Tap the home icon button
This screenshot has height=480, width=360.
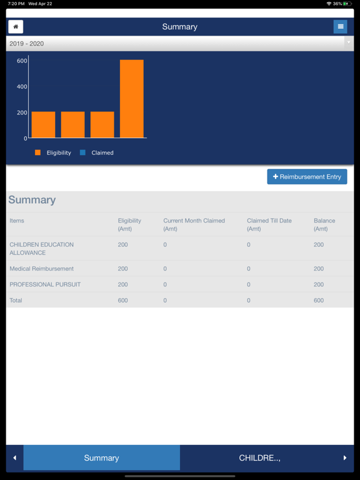click(x=16, y=27)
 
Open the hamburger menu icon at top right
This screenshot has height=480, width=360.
click(x=340, y=27)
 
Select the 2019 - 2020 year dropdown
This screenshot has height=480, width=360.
click(x=179, y=44)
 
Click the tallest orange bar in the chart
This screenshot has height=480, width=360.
click(x=131, y=99)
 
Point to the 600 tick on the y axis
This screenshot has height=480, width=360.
click(x=22, y=61)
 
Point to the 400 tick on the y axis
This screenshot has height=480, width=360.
click(x=22, y=87)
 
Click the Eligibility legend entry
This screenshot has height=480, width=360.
click(x=53, y=152)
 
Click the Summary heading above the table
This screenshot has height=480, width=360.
click(x=32, y=200)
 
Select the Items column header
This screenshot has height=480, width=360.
click(x=17, y=221)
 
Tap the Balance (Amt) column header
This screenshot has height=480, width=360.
click(x=324, y=224)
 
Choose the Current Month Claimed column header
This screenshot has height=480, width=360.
click(x=194, y=224)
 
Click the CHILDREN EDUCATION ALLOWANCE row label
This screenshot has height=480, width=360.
click(x=41, y=249)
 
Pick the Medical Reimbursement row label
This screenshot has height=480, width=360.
click(x=41, y=269)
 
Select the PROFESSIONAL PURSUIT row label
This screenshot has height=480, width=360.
click(x=45, y=284)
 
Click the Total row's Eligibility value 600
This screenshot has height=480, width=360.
click(x=123, y=301)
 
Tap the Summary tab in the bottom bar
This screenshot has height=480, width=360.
click(x=101, y=458)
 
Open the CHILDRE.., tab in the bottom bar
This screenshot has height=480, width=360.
click(x=259, y=458)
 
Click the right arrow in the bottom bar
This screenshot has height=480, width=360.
click(x=345, y=458)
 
